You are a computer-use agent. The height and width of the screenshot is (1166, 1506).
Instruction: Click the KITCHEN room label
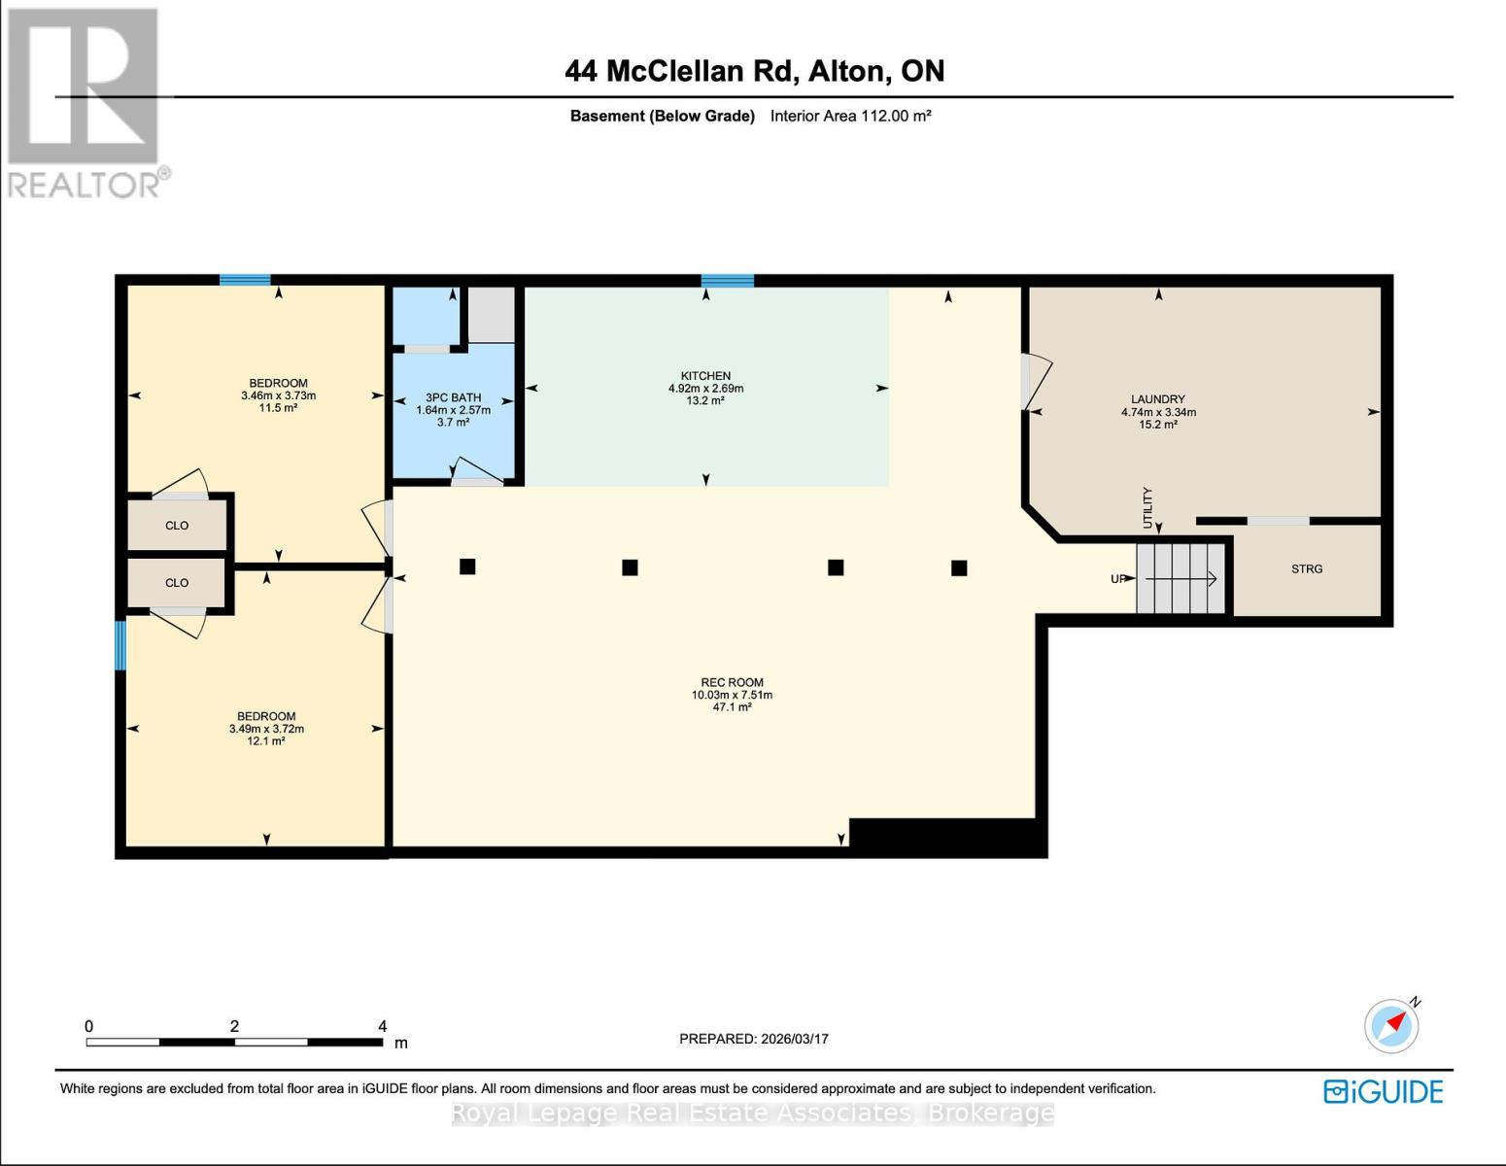[705, 376]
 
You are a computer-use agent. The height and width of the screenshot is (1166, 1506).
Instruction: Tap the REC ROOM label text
[732, 682]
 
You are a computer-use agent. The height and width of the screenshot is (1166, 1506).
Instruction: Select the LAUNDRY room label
[1157, 399]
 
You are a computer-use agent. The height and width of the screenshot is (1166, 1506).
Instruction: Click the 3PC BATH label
[453, 397]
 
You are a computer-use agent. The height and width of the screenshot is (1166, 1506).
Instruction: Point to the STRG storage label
[1306, 569]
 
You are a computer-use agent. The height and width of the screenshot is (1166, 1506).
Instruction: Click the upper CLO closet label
[177, 526]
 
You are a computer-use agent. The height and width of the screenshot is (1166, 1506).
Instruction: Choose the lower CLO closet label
[177, 583]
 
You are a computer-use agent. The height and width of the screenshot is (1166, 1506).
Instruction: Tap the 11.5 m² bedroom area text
[278, 408]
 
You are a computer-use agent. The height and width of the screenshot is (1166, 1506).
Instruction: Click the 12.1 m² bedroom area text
[265, 741]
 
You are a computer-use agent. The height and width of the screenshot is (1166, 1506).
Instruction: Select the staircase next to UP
[1181, 579]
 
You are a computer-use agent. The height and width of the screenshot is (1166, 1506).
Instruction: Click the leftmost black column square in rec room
[467, 566]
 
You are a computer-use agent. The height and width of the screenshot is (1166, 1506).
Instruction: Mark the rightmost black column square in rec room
[959, 568]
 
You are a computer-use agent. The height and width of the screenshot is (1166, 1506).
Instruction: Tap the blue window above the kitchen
[727, 281]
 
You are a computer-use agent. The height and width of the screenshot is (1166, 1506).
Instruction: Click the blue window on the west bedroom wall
[120, 645]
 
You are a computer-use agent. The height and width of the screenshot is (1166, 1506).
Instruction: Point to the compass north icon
[1391, 1026]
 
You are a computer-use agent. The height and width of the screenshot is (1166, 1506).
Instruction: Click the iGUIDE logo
[1383, 1091]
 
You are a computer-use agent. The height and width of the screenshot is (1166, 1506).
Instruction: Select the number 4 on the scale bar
[382, 1026]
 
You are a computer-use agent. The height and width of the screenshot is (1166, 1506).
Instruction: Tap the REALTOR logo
[86, 102]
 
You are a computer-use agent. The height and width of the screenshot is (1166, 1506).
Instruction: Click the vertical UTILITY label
[1147, 508]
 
